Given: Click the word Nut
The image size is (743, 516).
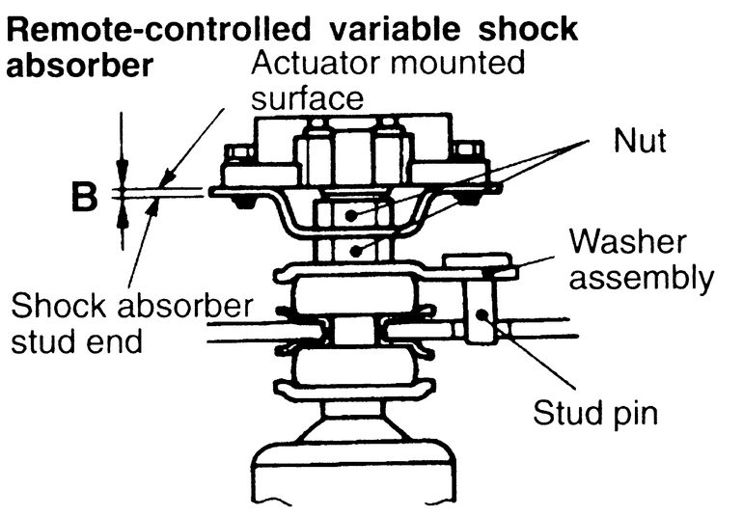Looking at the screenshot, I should tap(639, 144).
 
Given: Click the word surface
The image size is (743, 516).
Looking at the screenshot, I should tap(306, 98).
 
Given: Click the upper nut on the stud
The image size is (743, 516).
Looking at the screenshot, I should tap(352, 213).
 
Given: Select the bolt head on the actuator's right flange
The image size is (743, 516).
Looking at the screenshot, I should tap(469, 151).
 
